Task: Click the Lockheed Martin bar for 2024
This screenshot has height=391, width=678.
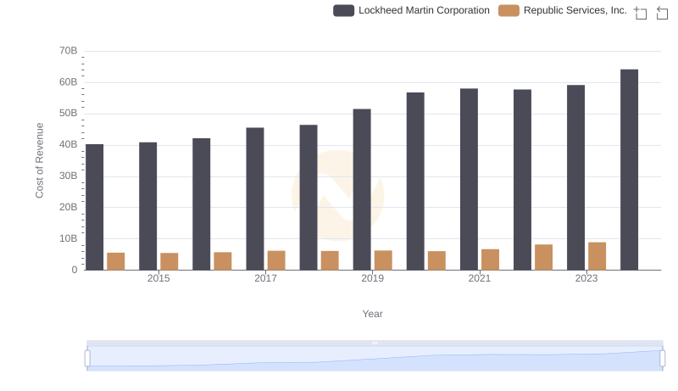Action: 629,170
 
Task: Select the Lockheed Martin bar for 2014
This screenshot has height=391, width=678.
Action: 94,207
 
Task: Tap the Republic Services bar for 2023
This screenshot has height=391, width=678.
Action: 597,256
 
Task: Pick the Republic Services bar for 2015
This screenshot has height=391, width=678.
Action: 169,261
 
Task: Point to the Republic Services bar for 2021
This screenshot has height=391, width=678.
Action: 490,260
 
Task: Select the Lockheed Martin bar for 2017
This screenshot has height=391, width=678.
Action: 255,198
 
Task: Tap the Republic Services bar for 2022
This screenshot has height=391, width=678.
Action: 543,257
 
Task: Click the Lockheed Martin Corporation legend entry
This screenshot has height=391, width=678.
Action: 412,11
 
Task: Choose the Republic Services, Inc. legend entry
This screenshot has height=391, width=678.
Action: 563,11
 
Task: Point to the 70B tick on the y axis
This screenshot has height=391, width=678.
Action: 69,51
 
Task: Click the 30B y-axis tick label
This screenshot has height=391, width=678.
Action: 69,176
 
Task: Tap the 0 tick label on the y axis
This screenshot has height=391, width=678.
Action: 75,270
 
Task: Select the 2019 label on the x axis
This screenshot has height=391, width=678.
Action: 372,279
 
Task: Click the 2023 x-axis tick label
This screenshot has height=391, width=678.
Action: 586,279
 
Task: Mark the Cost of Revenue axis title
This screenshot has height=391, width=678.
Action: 40,160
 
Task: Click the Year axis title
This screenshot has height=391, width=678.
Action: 373,314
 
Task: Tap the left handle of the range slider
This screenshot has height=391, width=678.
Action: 87,358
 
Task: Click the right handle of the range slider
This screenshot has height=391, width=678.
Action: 662,358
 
